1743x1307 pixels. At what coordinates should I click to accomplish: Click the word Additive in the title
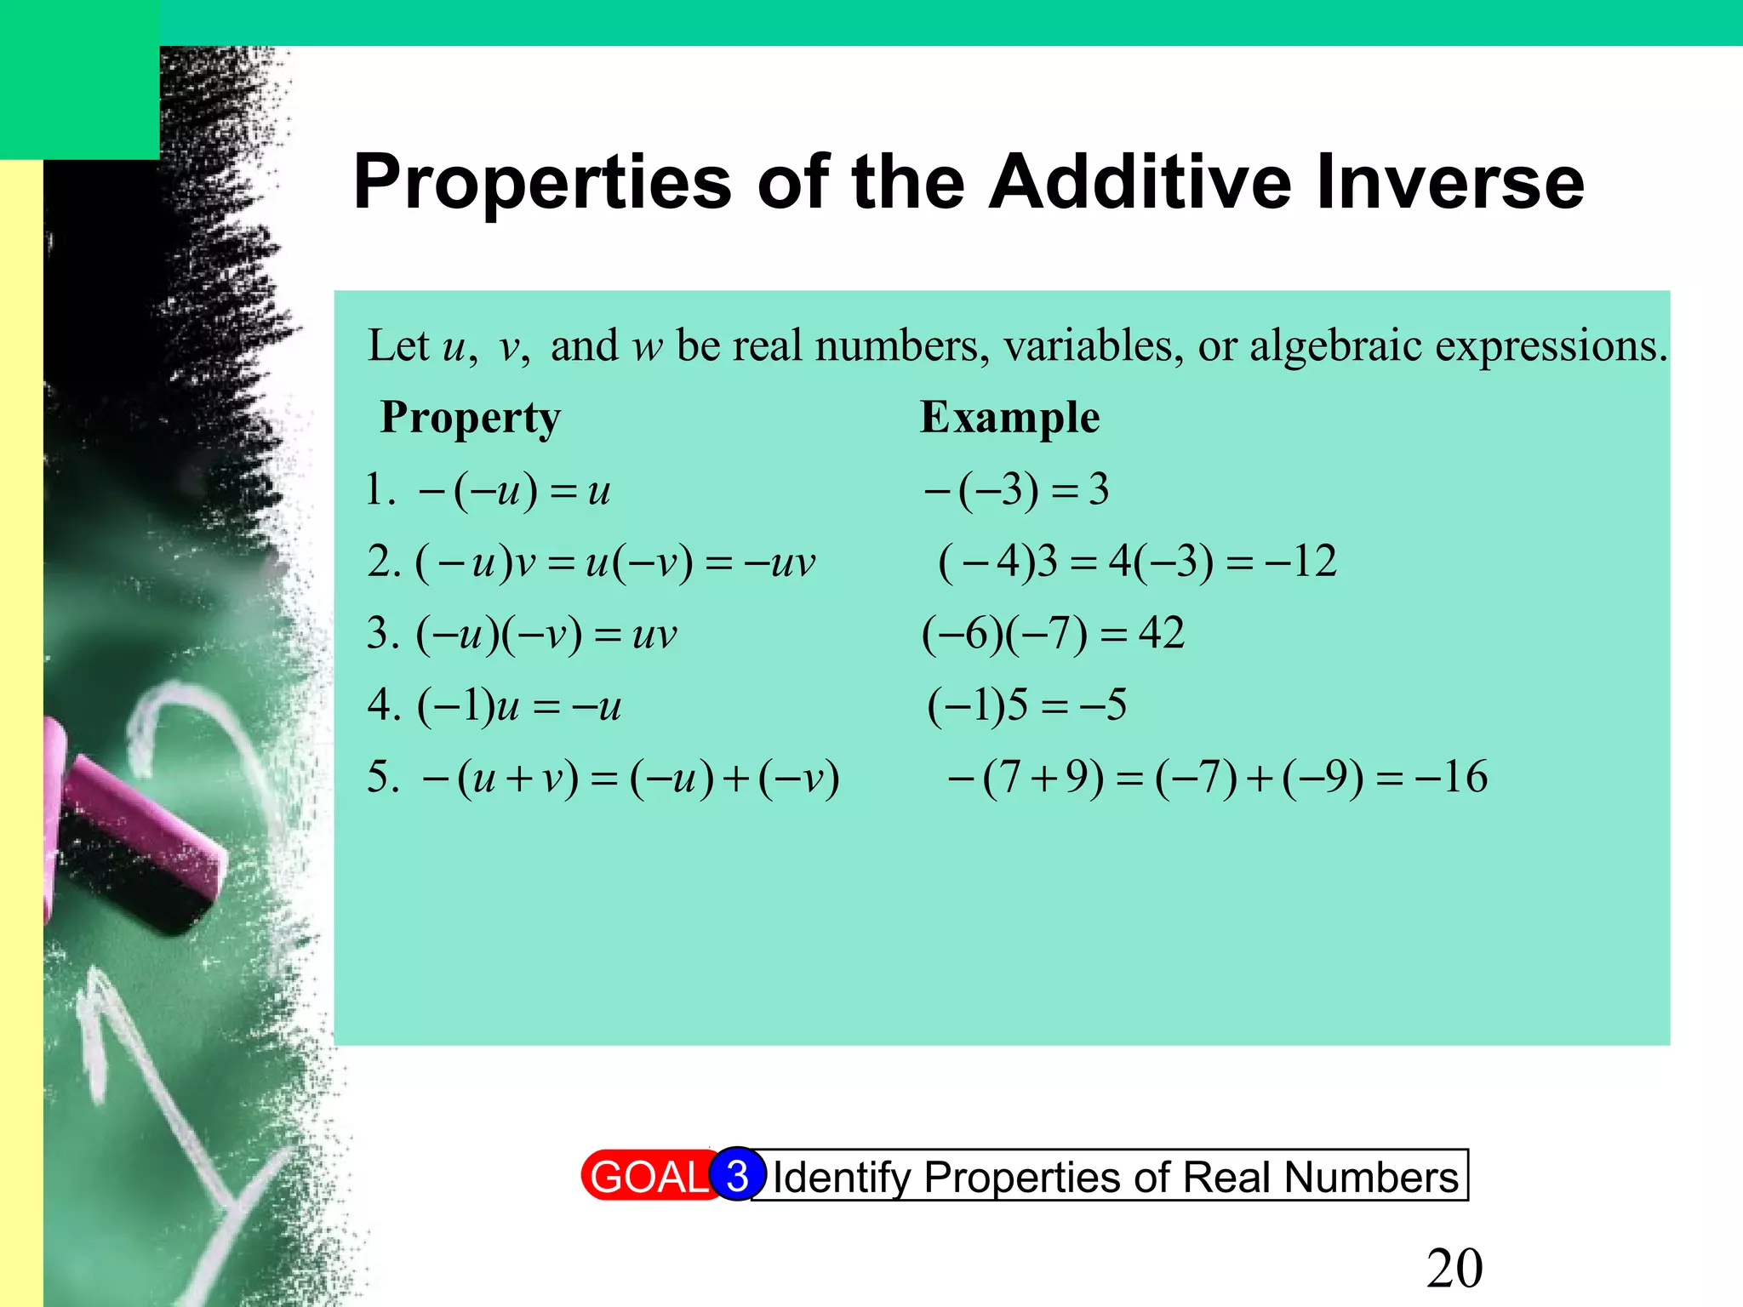click(x=1140, y=183)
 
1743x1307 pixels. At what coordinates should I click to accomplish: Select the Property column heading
click(x=471, y=418)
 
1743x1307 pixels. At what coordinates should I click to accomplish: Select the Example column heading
click(x=1009, y=418)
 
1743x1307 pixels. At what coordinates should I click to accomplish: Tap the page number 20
click(x=1454, y=1269)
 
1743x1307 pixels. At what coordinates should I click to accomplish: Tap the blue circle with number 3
click(x=737, y=1175)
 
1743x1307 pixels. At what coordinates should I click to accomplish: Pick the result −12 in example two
click(x=1301, y=562)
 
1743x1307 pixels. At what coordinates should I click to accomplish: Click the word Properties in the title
click(x=542, y=183)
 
